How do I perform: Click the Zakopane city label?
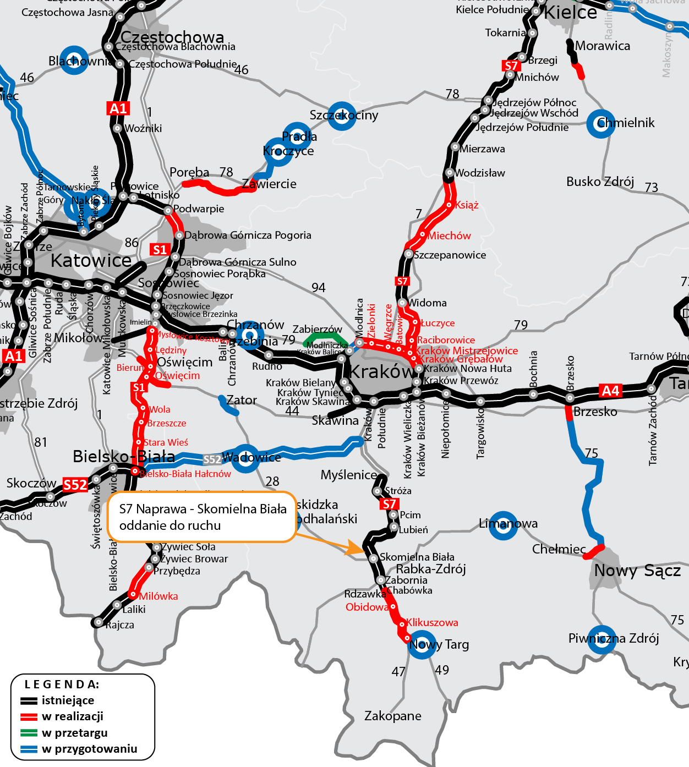pos(392,716)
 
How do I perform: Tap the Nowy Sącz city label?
pos(637,571)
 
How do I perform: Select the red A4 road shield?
pos(610,391)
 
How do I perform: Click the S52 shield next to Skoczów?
pos(75,485)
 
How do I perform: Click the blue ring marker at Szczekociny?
pos(342,116)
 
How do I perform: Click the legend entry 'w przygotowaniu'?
pos(89,749)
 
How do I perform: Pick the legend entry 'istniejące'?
pos(68,700)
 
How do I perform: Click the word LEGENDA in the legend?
pos(62,684)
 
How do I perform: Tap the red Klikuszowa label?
pos(432,623)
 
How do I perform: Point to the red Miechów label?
pos(449,236)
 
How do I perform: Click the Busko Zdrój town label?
pos(600,182)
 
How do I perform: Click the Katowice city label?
pos(91,260)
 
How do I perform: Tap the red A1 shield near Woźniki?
pos(118,108)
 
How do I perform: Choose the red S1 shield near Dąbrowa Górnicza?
pos(160,250)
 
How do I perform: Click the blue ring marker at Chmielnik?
pos(600,123)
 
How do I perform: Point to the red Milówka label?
pos(158,596)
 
